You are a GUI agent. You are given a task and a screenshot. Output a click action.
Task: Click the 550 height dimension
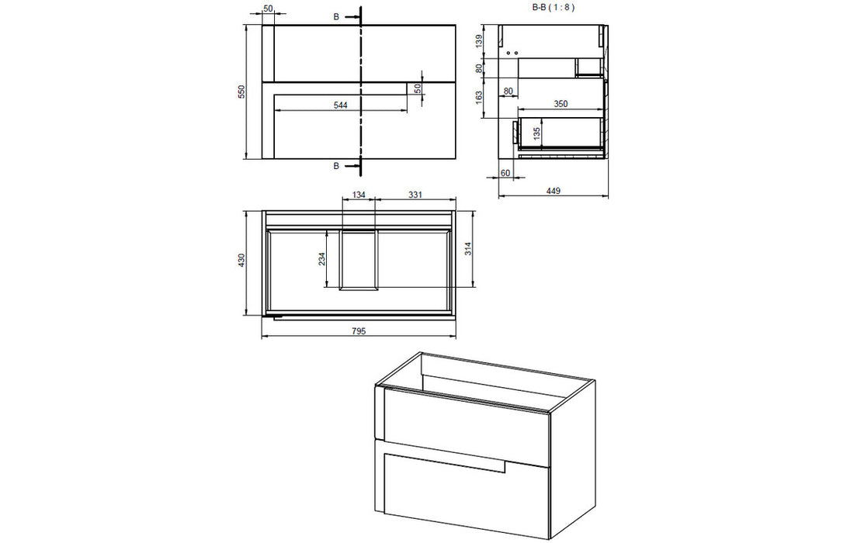coord(241,92)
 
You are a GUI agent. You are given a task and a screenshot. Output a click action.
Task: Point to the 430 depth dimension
coord(241,261)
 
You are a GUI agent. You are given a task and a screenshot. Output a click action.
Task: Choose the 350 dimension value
coord(561,102)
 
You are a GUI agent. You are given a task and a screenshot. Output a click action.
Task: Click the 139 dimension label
coord(479,40)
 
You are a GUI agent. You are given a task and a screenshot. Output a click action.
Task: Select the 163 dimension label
coord(479,96)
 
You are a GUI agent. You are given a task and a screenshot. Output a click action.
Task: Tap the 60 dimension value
coord(505,172)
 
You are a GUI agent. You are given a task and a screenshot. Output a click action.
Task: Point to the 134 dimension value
coord(359,195)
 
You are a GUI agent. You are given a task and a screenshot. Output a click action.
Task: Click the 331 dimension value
coord(415,195)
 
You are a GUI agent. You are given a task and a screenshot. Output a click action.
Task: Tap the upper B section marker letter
coord(336,16)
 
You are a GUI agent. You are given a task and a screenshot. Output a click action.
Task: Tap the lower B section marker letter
coord(336,165)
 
